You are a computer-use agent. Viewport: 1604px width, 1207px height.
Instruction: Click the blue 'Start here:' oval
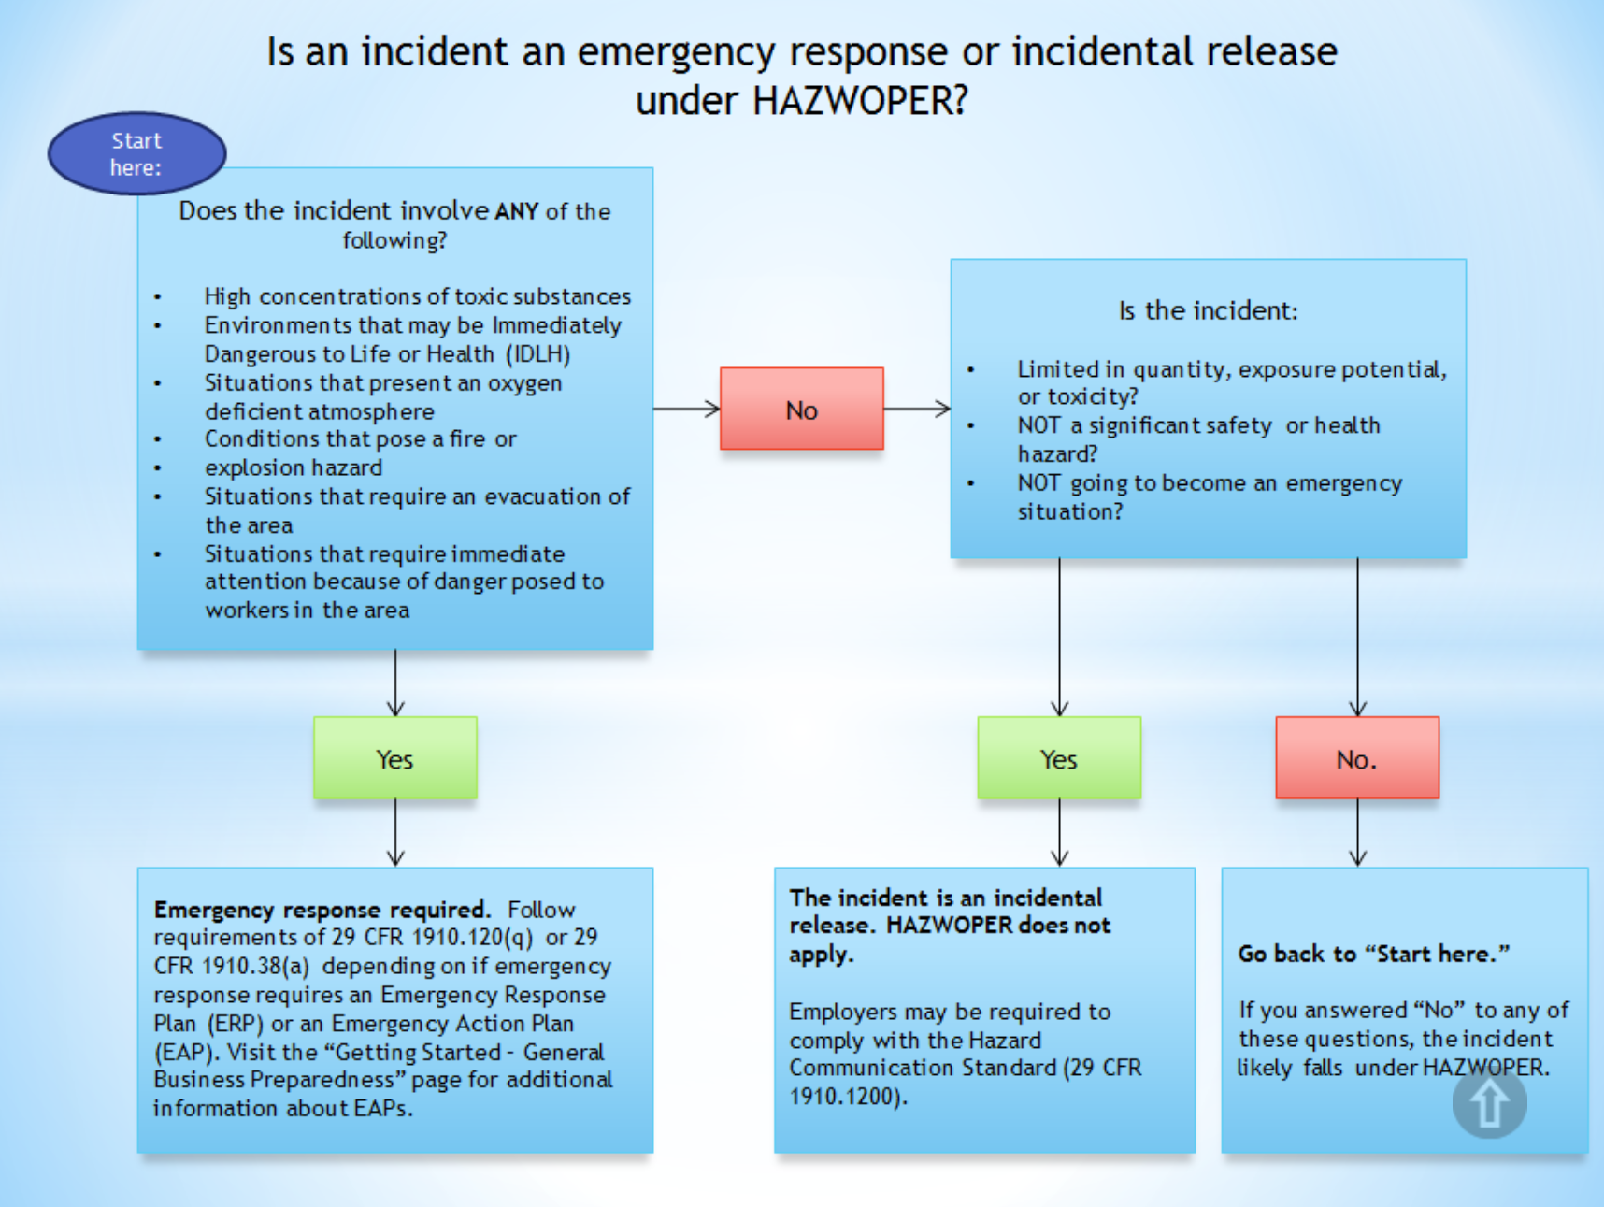coord(136,153)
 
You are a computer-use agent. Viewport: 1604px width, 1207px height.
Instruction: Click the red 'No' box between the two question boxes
coord(801,410)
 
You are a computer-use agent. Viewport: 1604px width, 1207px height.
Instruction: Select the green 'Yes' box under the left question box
coord(394,758)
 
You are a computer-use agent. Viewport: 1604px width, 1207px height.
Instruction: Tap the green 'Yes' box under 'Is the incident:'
coord(1058,758)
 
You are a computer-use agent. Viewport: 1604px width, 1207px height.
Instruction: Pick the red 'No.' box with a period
coord(1356,758)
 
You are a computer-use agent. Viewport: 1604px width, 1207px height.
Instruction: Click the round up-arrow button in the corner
coord(1489,1103)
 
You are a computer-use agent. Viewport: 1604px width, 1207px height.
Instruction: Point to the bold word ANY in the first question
coord(516,211)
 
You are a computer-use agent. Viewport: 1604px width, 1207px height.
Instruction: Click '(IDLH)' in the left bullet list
coord(537,354)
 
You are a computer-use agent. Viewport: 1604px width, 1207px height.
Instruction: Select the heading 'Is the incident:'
coord(1208,310)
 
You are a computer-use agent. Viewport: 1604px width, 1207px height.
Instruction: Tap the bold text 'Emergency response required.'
coord(322,910)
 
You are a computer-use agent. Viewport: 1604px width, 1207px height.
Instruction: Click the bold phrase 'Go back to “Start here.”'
coord(1373,954)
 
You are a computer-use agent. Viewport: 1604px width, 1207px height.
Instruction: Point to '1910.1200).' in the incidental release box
coord(848,1097)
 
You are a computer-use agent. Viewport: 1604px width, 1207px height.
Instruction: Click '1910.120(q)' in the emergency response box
coord(472,938)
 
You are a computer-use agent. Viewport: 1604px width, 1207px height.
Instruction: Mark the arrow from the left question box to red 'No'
coord(686,409)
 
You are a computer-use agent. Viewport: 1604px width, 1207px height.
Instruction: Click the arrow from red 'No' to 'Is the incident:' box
coord(917,409)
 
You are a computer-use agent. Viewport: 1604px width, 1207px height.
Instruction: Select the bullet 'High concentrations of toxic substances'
coord(417,296)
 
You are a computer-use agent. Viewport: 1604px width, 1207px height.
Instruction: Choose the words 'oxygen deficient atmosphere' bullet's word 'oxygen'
coord(524,383)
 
